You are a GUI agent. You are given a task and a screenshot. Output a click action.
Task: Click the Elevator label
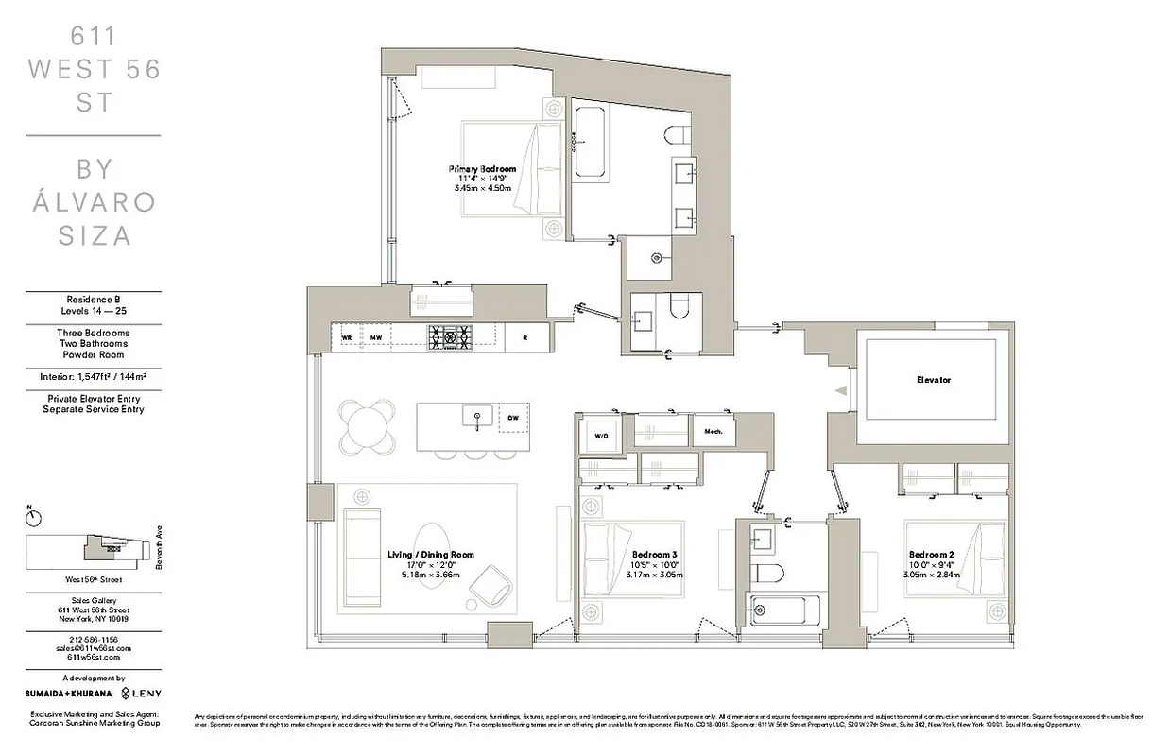(x=933, y=380)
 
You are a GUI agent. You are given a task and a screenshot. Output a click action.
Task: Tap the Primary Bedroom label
(x=482, y=169)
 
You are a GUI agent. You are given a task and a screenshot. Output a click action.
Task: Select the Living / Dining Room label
(x=431, y=555)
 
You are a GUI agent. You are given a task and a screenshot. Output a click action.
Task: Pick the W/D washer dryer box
(x=601, y=436)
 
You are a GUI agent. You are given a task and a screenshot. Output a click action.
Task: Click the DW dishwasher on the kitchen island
(x=513, y=417)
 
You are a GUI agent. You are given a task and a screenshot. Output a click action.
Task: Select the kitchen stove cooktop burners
(x=451, y=335)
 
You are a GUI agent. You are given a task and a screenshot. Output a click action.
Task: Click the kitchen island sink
(x=476, y=416)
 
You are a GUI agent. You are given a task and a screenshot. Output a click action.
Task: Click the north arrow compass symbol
(x=34, y=516)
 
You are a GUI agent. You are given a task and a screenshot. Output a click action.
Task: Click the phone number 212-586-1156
(x=93, y=640)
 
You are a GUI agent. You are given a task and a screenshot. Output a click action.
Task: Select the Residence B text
(x=93, y=300)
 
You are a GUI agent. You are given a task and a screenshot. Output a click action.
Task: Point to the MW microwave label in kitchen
(x=375, y=337)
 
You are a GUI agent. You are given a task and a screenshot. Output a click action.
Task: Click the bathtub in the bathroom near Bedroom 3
(x=780, y=610)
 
